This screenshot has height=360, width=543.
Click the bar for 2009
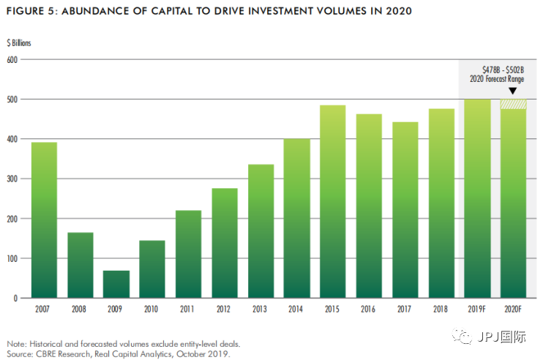116,285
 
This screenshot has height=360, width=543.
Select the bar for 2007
44,220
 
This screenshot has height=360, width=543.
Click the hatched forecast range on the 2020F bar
513,104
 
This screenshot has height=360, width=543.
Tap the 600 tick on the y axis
12,59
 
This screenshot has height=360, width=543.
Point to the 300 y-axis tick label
12,179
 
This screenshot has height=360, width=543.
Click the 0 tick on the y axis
15,299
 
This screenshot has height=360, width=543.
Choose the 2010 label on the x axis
152,310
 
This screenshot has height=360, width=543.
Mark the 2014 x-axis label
296,310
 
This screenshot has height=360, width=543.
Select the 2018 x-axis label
441,310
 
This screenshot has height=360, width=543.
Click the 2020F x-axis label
513,310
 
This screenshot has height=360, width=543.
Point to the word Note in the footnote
16,344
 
